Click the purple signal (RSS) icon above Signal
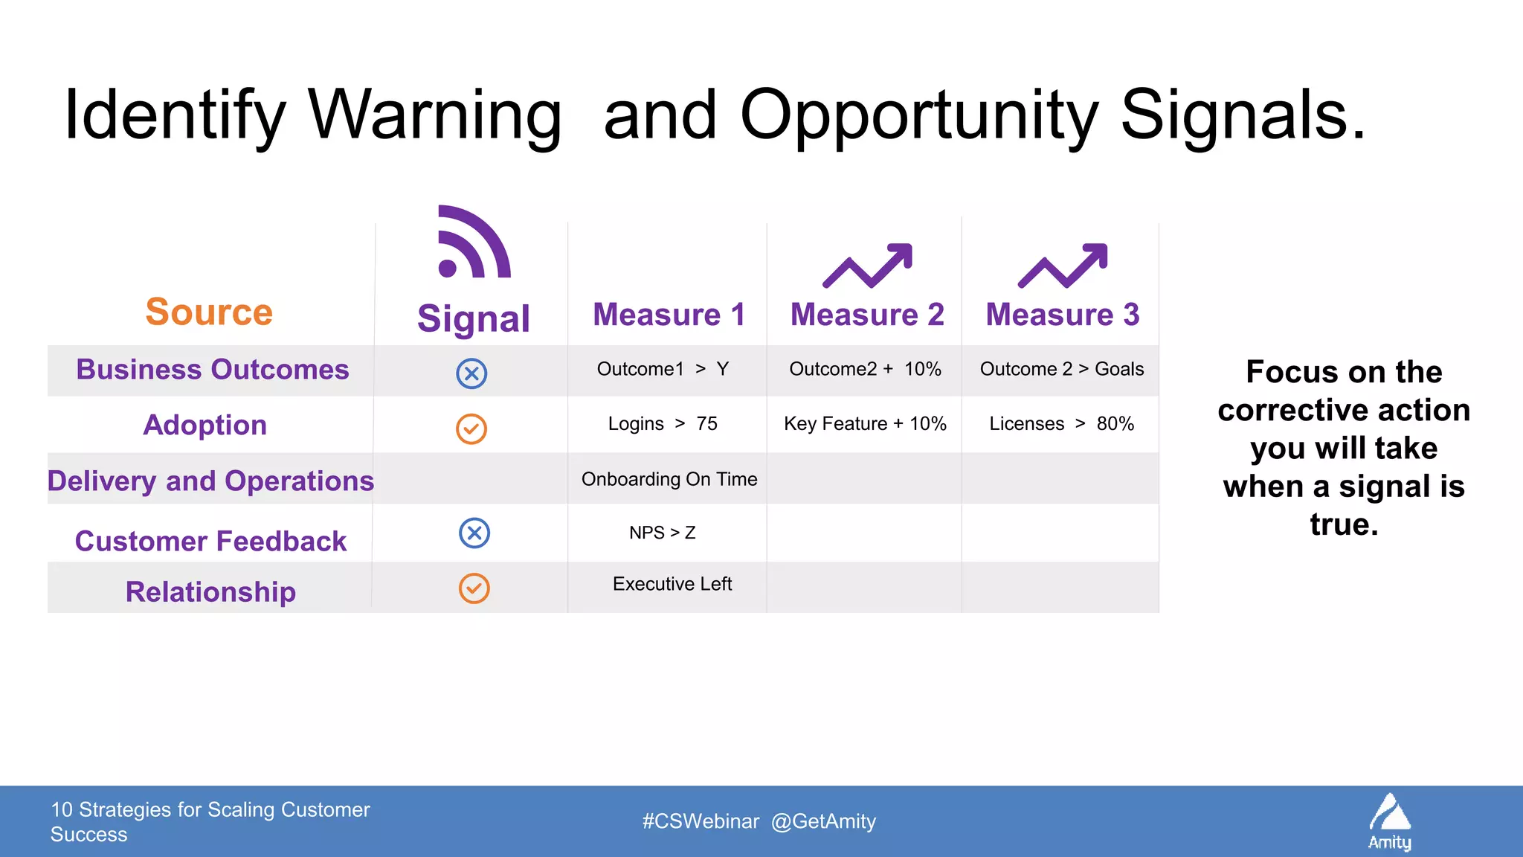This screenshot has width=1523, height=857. (x=474, y=243)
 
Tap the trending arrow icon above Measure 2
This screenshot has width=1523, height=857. (x=867, y=265)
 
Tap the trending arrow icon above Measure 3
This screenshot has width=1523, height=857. (x=1063, y=265)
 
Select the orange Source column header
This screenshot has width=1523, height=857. (x=209, y=312)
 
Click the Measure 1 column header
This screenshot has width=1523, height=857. (x=669, y=315)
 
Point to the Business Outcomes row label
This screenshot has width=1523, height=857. (x=212, y=370)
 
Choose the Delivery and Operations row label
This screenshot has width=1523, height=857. (x=210, y=481)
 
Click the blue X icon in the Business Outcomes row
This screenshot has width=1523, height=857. (x=471, y=373)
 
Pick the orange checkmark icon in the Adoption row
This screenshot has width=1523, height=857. (x=471, y=428)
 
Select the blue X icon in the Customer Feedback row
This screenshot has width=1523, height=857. (x=474, y=533)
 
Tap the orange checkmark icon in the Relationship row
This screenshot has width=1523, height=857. (x=474, y=588)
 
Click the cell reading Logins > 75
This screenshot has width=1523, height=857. (x=663, y=424)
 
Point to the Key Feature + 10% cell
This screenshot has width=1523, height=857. (x=865, y=424)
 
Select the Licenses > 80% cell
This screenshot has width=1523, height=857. (x=1061, y=424)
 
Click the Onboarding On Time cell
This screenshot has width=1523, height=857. (x=669, y=479)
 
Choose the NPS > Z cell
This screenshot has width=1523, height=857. (x=662, y=533)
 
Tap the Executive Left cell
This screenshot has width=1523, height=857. (x=672, y=584)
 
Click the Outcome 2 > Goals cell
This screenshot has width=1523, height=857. (x=1062, y=369)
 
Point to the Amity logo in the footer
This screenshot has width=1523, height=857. (x=1390, y=822)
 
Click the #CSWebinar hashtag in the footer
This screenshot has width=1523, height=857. (x=701, y=821)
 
